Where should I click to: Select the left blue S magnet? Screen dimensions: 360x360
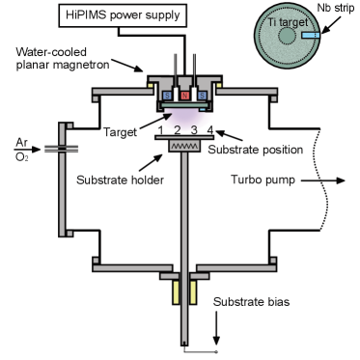click(168, 97)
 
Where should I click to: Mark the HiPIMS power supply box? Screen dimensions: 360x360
click(113, 14)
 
